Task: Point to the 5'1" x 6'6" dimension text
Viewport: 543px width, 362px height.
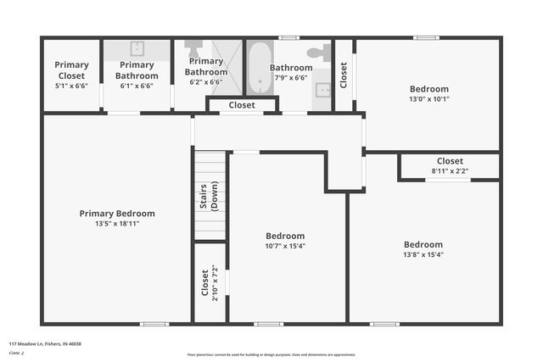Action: point(71,85)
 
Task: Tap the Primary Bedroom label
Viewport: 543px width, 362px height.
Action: point(117,214)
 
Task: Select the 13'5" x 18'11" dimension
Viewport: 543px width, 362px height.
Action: point(117,224)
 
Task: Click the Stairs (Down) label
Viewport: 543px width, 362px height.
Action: point(210,195)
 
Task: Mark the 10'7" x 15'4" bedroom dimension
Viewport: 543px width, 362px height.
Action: point(285,246)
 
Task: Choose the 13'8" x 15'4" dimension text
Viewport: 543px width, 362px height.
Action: point(423,254)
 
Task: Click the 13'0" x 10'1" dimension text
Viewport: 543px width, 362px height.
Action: point(428,98)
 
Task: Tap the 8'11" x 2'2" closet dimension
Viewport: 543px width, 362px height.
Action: point(450,170)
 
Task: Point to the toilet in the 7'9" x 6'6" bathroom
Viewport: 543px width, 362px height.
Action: point(316,53)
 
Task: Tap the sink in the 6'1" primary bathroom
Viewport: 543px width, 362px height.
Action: point(137,48)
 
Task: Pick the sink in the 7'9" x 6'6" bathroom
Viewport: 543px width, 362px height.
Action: point(322,89)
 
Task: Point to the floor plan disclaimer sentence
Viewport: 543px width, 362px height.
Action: point(271,354)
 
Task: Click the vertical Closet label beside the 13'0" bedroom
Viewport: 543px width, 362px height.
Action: point(344,75)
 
